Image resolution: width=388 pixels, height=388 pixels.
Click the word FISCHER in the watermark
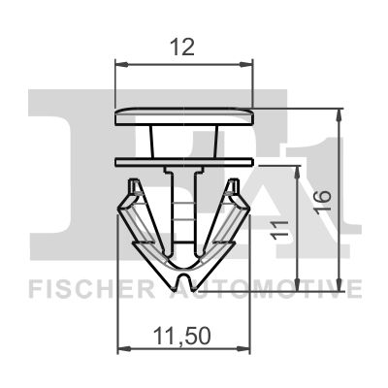(x=82, y=288)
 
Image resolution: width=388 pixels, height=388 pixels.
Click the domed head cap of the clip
(x=184, y=115)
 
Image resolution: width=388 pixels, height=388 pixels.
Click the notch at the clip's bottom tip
(x=184, y=280)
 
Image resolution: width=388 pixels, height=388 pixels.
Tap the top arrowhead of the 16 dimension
(x=339, y=112)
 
